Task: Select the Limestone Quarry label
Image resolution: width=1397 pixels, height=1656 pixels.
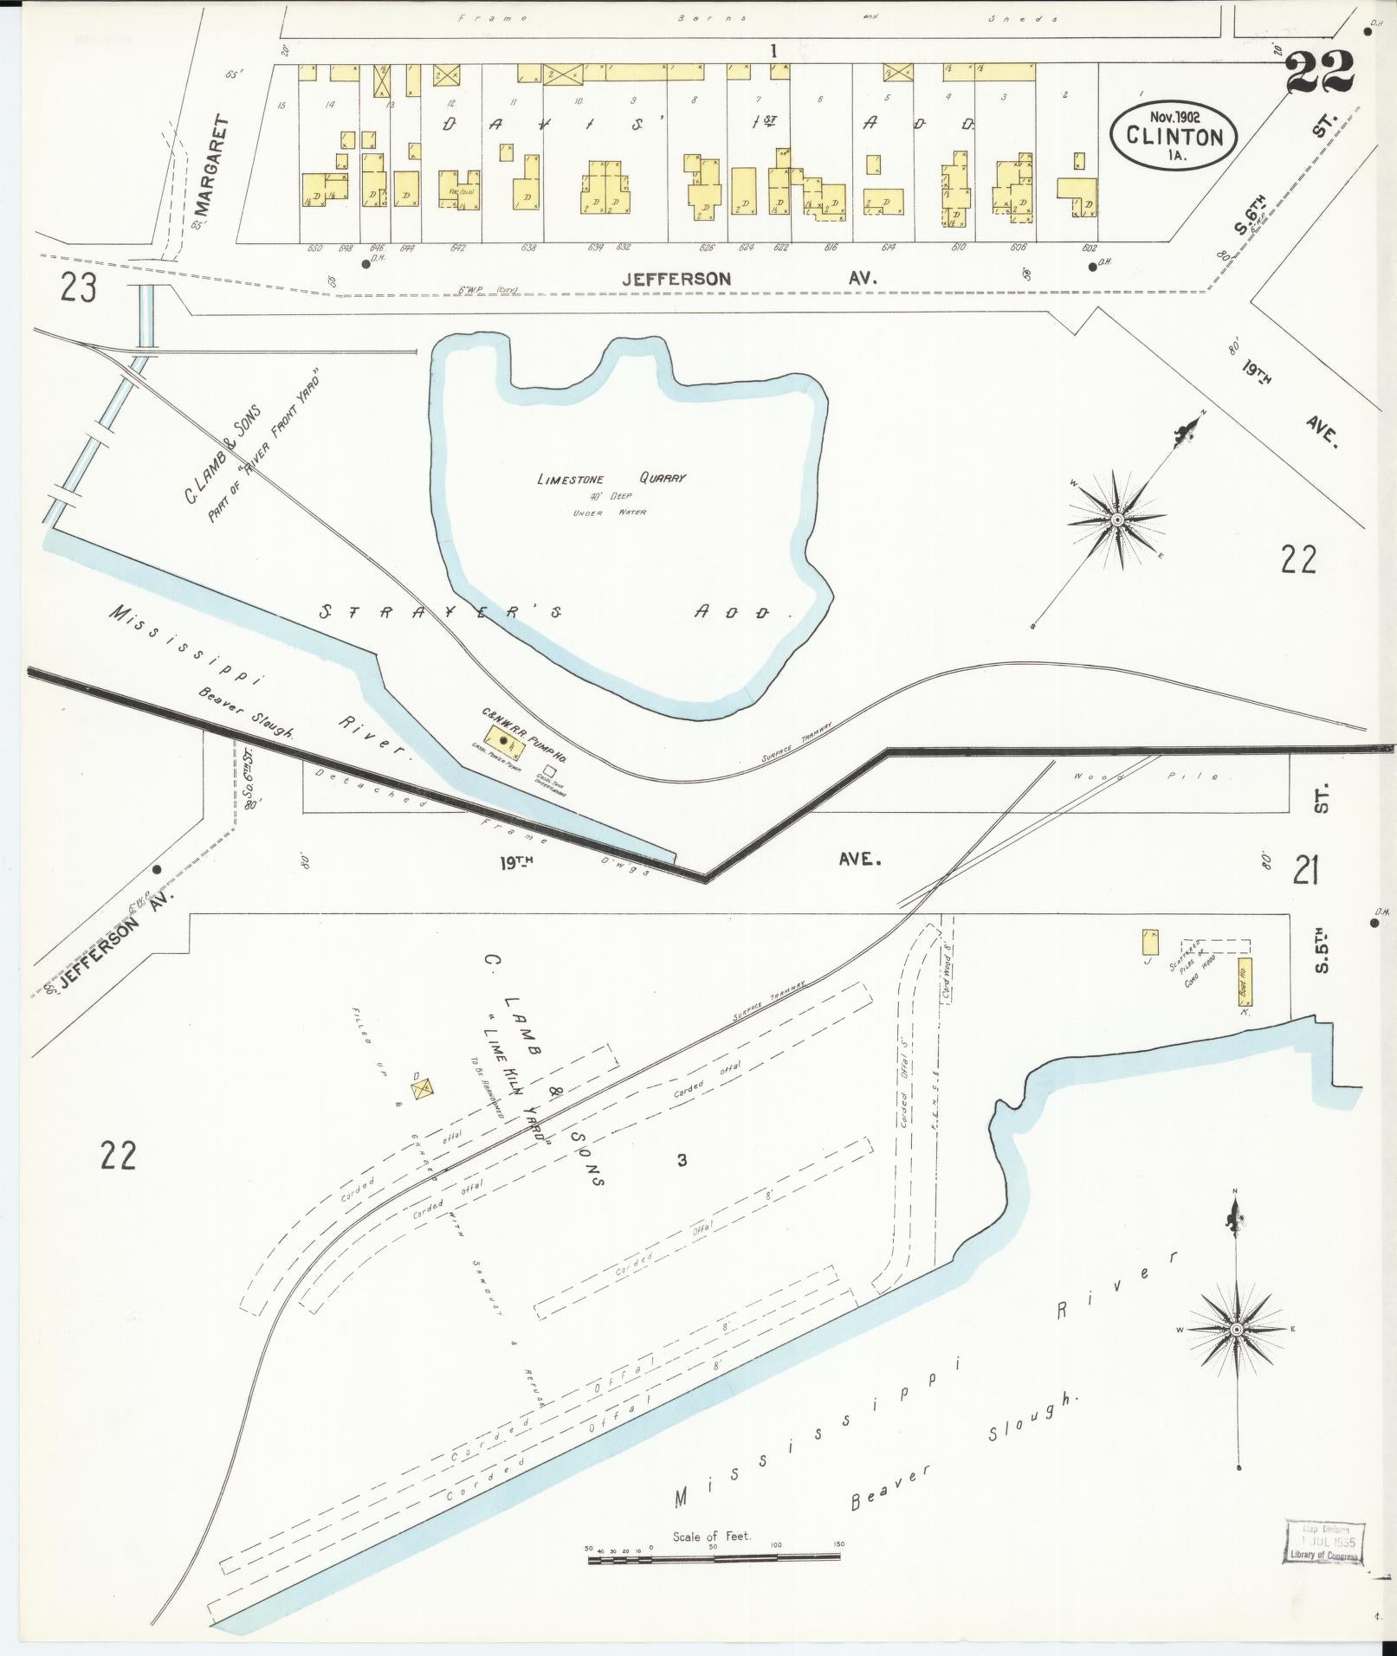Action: [x=611, y=478]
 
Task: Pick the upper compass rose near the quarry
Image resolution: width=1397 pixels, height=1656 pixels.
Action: [x=1118, y=519]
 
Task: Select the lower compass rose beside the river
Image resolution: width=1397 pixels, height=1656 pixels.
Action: [x=1236, y=1352]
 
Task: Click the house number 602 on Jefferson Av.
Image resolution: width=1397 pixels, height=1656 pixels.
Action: [x=1088, y=248]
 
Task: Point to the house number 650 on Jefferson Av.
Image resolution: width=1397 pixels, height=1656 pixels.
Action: [x=314, y=248]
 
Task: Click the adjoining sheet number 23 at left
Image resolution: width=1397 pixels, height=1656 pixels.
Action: [x=78, y=287]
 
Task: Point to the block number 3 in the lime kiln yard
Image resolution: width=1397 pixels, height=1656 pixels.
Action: [x=682, y=1160]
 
